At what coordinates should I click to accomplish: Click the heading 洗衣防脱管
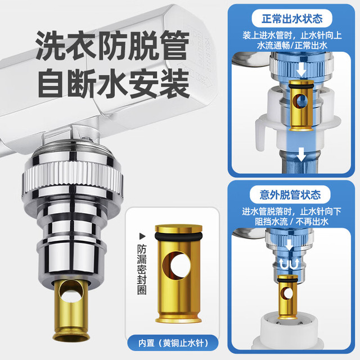112,46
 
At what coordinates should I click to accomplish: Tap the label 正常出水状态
292,19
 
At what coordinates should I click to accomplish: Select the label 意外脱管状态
290,195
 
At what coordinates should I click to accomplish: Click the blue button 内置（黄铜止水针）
173,343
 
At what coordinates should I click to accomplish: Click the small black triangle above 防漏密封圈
142,236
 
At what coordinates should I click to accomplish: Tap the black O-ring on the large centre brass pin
178,236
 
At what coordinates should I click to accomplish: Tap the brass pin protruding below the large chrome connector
71,310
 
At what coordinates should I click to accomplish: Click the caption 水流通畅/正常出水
292,46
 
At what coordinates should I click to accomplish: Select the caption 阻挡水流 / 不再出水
291,222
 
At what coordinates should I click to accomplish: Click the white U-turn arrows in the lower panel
289,264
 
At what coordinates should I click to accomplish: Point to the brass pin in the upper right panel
301,106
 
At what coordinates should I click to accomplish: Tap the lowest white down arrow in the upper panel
301,154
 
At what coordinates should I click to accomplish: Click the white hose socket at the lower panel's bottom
289,332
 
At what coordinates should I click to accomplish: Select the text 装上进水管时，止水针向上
292,35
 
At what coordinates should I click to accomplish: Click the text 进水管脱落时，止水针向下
291,211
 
